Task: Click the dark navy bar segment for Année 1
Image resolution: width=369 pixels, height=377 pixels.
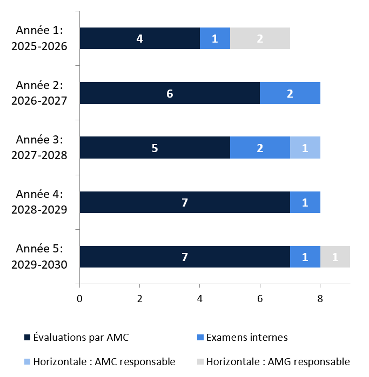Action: click(140, 38)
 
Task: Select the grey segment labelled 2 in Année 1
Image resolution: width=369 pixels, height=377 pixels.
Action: click(260, 38)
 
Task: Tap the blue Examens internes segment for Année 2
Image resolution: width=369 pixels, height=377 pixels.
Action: click(290, 93)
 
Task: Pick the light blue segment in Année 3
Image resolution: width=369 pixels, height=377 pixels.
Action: click(305, 148)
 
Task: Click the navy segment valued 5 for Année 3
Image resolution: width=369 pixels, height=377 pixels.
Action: click(155, 148)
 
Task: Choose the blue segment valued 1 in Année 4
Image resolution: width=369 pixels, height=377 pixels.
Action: click(305, 202)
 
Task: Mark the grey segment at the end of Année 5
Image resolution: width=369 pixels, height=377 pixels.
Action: click(335, 257)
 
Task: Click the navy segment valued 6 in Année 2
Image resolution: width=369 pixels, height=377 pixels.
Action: click(170, 93)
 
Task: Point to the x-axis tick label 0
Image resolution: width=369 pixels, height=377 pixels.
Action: click(79, 299)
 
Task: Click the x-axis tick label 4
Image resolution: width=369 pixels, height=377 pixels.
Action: click(200, 299)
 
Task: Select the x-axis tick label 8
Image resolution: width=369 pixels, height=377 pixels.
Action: click(320, 299)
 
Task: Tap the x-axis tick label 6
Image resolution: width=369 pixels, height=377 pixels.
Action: click(260, 299)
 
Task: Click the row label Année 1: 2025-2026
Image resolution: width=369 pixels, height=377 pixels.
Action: click(39, 38)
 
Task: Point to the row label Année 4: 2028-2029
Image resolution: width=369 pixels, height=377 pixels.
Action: click(39, 202)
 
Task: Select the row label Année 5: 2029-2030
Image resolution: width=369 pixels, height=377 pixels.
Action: click(39, 257)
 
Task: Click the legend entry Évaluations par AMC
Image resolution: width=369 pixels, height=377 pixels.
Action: click(77, 337)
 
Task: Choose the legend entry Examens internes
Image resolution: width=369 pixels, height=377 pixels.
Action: click(242, 337)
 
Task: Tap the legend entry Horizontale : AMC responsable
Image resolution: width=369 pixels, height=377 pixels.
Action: click(100, 361)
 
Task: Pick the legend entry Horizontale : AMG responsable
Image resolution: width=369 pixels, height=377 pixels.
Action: click(273, 361)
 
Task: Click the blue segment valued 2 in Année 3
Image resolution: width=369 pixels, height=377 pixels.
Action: click(260, 148)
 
